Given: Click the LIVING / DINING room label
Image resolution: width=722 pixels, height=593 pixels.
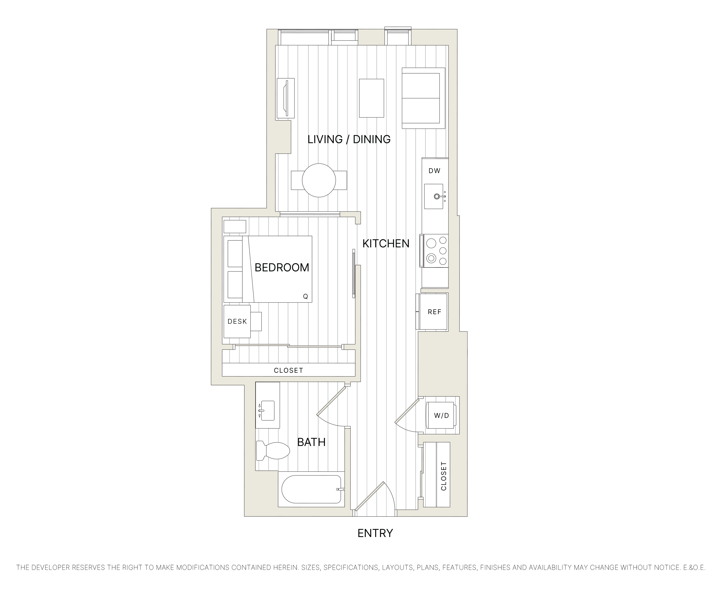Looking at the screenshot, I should coord(349,139).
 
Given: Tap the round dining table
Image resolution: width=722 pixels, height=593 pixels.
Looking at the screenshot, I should coord(319,180).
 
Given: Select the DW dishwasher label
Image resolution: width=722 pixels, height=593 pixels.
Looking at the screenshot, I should coord(434,171).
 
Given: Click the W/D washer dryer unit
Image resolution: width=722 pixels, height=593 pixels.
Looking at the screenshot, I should coord(441,415).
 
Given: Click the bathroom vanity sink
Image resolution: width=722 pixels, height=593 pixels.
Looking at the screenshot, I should coord(267,410).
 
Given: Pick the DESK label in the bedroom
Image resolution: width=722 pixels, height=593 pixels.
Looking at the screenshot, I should coord(237,321).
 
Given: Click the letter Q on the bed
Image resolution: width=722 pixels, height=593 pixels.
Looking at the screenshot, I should coord(305,297).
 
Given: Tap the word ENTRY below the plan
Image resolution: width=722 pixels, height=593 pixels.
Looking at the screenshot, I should coord(375,533).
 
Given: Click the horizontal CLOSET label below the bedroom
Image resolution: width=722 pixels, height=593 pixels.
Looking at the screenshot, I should coord(288,370).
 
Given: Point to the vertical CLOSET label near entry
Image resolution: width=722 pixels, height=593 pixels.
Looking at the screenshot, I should coord(443,476).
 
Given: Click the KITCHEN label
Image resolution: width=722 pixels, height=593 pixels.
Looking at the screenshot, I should coord(385,243).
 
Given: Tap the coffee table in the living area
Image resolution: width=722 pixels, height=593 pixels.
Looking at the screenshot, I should coord(371,98).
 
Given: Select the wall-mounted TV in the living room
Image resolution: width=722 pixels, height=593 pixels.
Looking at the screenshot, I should coord(286,98).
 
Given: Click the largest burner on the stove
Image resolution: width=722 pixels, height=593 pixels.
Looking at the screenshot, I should coord(431,243).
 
